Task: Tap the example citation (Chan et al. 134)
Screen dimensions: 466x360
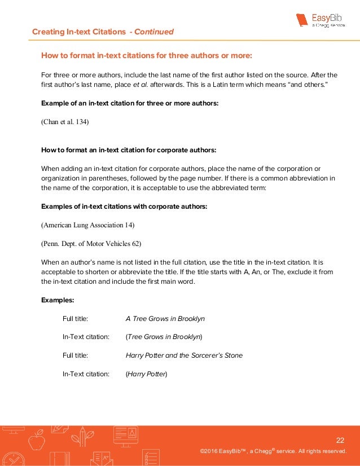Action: click(65, 121)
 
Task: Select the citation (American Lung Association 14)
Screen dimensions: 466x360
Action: click(88, 225)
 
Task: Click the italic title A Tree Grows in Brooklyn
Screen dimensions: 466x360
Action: click(165, 318)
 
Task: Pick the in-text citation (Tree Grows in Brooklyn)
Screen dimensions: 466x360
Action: click(164, 337)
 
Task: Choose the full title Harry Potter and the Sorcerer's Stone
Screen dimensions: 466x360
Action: click(184, 355)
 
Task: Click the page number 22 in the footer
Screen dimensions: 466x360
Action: click(340, 440)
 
